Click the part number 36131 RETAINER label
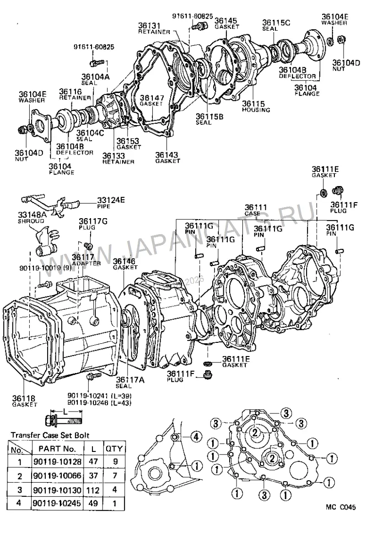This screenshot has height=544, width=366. click(154, 28)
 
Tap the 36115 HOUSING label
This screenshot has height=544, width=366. click(256, 106)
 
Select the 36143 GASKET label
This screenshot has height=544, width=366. click(167, 158)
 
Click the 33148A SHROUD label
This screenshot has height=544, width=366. click(32, 218)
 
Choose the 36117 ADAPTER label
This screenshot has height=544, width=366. click(86, 260)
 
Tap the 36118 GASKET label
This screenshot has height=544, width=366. click(24, 401)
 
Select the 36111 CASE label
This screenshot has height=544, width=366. click(256, 210)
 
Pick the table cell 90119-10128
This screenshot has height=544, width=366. click(58, 462)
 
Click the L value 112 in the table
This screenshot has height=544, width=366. click(93, 490)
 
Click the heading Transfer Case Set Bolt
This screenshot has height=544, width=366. click(50, 435)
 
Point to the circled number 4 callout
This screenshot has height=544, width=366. click(196, 437)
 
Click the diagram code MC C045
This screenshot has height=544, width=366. click(340, 507)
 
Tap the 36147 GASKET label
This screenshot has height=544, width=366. click(152, 101)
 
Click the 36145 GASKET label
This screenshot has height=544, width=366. click(227, 23)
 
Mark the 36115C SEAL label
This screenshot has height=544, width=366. click(276, 25)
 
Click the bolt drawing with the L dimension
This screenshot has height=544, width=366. click(64, 421)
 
